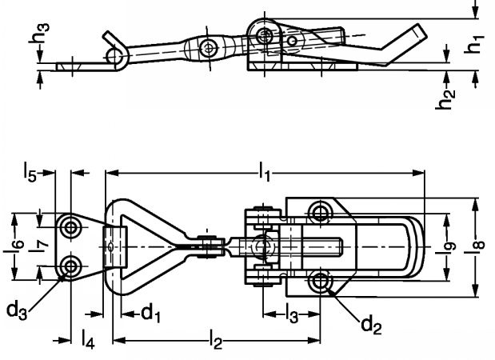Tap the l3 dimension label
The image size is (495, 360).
(x=293, y=314)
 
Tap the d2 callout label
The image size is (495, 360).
(x=370, y=324)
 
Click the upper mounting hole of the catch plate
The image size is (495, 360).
(x=74, y=227)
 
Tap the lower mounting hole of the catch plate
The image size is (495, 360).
(x=74, y=266)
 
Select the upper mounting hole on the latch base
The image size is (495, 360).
(x=321, y=212)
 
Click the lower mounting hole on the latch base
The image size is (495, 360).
(x=321, y=281)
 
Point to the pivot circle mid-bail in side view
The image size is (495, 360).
(x=210, y=47)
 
